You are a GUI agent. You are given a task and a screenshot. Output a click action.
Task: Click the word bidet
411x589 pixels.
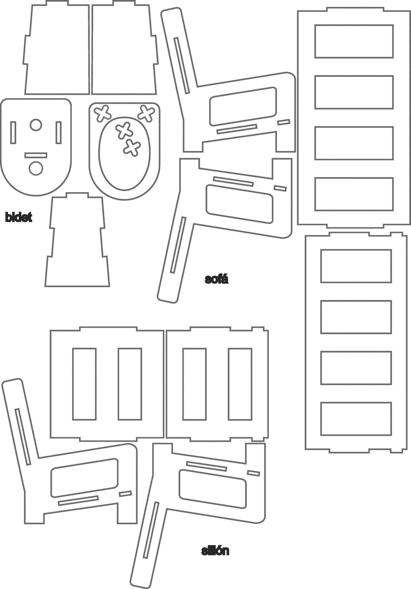click(18, 218)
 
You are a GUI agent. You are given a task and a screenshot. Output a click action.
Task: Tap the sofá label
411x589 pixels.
click(217, 279)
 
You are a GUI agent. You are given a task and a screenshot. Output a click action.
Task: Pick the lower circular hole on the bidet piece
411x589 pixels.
click(36, 168)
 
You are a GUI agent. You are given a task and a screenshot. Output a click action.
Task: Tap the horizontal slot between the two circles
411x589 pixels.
click(36, 155)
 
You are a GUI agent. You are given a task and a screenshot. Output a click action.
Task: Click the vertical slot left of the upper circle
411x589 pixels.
click(13, 133)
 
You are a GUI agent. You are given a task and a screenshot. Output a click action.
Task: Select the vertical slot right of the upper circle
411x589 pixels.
click(59, 133)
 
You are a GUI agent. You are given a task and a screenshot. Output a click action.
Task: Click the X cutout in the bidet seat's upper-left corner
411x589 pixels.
click(102, 113)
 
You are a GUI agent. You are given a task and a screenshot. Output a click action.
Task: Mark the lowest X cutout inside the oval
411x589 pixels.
click(132, 148)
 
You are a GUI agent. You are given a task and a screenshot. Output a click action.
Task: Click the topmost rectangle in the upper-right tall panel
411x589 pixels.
click(354, 41)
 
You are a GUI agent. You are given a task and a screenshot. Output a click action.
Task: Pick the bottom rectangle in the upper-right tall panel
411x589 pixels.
click(354, 194)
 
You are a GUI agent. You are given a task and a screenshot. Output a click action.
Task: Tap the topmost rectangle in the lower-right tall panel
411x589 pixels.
click(356, 266)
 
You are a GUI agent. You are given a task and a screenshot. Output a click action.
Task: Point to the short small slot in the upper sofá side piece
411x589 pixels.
click(284, 122)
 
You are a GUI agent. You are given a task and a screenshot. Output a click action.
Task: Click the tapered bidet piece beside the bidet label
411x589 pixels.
click(77, 241)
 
